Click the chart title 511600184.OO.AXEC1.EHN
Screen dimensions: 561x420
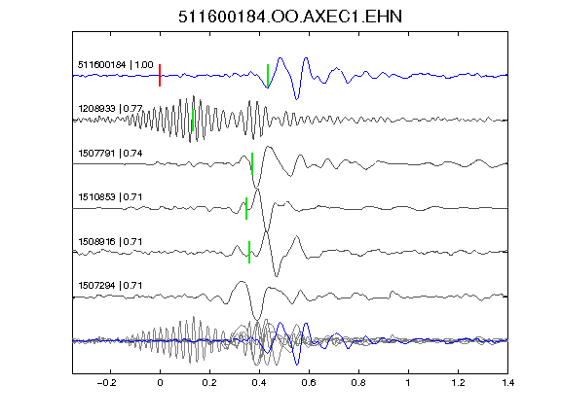click(x=290, y=17)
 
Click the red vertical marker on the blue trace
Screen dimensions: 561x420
click(x=160, y=76)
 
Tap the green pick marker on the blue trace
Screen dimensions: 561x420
click(x=268, y=76)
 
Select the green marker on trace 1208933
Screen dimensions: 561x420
click(x=193, y=120)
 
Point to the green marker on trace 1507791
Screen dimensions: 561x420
click(x=252, y=164)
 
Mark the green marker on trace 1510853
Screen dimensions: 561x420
click(x=246, y=208)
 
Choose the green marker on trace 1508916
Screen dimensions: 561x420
click(x=249, y=252)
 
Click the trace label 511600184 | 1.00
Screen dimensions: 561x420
click(x=116, y=65)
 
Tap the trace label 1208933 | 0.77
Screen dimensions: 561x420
click(x=110, y=108)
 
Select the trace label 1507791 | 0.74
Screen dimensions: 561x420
click(x=110, y=154)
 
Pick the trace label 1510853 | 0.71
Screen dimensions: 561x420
click(x=110, y=197)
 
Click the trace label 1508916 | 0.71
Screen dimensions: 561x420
click(x=110, y=242)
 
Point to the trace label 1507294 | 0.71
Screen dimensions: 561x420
click(x=110, y=286)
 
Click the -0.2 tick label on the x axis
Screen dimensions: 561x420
click(x=107, y=383)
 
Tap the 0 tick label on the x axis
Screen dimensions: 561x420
click(x=160, y=383)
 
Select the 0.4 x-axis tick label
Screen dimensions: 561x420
click(x=259, y=383)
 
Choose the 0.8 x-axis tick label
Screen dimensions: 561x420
click(x=358, y=383)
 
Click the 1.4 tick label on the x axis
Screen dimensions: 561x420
click(x=507, y=383)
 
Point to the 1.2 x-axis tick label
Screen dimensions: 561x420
click(x=458, y=383)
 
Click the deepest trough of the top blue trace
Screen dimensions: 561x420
click(x=297, y=99)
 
